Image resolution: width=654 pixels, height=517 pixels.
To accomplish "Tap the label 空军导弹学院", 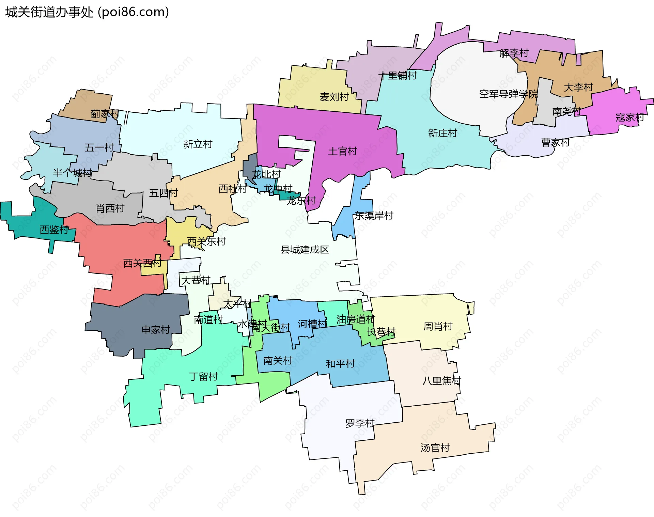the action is coord(508,94).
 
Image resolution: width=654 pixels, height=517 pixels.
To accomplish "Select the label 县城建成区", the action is coord(305,250).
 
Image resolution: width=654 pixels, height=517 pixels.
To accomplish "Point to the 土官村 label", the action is coord(342,151).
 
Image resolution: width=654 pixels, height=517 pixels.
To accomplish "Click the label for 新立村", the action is coord(198,144).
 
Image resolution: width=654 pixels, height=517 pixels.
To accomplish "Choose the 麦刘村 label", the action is coord(334,97).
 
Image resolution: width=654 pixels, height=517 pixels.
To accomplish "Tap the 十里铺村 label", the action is coord(398,76).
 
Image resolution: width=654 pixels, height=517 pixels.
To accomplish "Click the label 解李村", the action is coord(514,53).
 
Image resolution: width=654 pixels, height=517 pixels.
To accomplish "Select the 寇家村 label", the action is coord(629,117).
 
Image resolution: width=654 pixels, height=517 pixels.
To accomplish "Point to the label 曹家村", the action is coord(556,142).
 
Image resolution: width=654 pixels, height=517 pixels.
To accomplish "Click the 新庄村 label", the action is coord(442,133).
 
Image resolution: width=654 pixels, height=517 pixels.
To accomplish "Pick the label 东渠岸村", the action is coord(374,216).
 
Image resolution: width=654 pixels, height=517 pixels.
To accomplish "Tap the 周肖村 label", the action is coord(438,327).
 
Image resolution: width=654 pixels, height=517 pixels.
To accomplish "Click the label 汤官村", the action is coord(435,448).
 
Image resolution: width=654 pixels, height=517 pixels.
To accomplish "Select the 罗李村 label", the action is coord(360,423).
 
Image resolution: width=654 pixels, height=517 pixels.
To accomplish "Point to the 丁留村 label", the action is coord(203,377).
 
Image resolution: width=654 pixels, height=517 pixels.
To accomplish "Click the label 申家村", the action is coord(156,330).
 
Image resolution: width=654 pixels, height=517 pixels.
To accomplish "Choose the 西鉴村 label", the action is coord(54,230).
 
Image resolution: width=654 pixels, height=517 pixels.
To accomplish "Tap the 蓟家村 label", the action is coord(105,114).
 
